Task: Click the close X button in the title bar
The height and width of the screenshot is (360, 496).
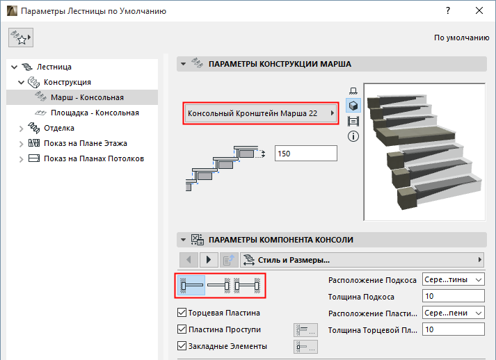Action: [479, 10]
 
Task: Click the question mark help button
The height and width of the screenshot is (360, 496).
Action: [448, 10]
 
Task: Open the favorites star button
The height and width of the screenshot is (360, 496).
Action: [21, 38]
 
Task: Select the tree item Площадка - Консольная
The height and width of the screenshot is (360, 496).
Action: [95, 113]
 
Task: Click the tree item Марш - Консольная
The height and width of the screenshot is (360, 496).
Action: [87, 97]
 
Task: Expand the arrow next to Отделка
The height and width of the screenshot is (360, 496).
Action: [21, 129]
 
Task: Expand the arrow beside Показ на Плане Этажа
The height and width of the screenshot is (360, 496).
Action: [21, 143]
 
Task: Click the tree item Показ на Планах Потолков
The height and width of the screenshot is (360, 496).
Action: [94, 158]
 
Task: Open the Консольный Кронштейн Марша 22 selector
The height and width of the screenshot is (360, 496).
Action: [261, 113]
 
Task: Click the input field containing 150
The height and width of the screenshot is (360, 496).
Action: [306, 154]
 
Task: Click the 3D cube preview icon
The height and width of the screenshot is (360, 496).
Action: [353, 106]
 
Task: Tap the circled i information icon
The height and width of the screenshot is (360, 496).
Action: [353, 136]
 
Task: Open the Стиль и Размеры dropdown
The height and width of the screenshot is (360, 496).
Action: [362, 260]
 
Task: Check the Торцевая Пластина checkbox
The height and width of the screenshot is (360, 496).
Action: [182, 313]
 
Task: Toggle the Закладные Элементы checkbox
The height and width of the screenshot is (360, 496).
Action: [182, 346]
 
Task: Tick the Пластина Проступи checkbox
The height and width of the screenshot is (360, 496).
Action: [182, 329]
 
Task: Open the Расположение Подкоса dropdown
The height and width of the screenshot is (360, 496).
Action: [454, 279]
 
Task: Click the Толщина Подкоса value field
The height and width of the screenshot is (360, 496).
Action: [454, 297]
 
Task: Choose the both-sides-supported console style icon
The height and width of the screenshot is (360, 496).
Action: [247, 286]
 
